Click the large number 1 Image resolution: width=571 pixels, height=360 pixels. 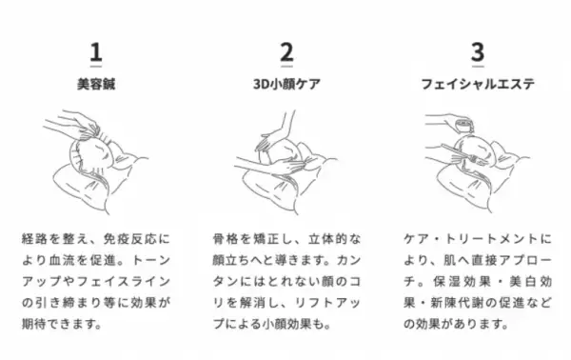[x=95, y=51]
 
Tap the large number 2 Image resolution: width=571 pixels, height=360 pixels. [x=285, y=51]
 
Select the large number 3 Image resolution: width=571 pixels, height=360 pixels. [x=478, y=51]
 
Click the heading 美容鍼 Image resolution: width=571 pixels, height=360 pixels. [x=95, y=84]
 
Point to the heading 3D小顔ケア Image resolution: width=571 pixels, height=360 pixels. [x=285, y=84]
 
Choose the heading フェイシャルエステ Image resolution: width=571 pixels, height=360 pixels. [x=478, y=84]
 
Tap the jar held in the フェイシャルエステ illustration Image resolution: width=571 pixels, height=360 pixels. [x=463, y=125]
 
